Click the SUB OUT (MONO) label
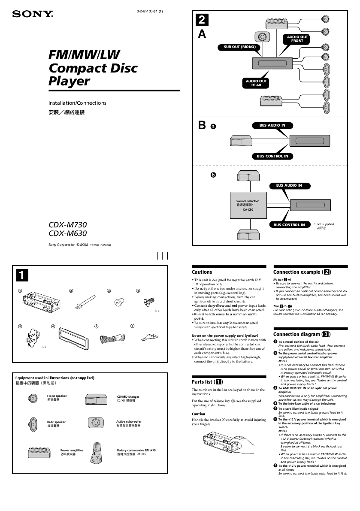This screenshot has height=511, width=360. click(x=239, y=47)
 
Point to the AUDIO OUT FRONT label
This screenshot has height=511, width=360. click(x=297, y=39)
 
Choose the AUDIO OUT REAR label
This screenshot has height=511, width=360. click(x=256, y=83)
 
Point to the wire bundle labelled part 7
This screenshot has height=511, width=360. click(x=112, y=338)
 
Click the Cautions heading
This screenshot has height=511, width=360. click(x=202, y=272)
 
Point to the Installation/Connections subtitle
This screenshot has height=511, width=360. click(x=77, y=103)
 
